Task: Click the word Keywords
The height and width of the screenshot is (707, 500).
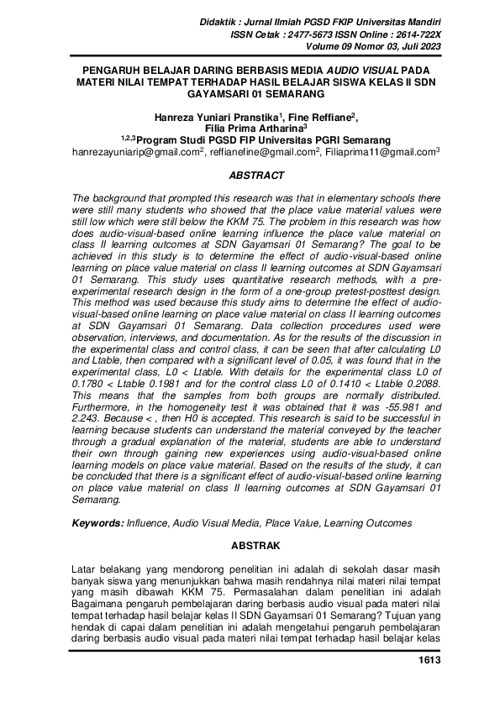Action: [x=97, y=523]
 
